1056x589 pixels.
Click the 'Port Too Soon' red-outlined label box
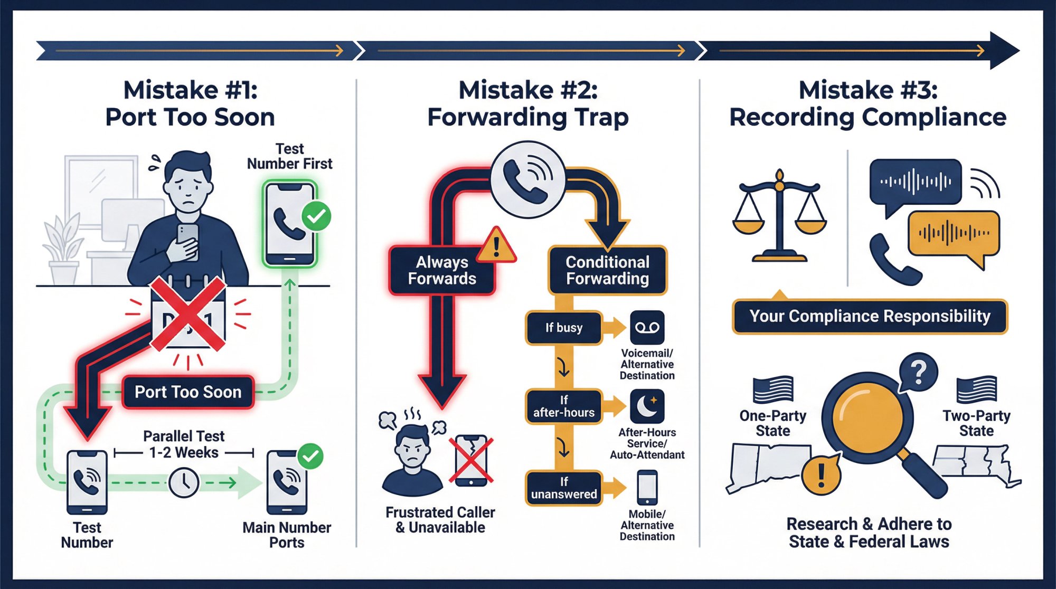pos(188,392)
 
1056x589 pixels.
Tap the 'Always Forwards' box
pos(442,270)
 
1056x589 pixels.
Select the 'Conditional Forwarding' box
pos(607,270)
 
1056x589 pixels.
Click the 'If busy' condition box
pos(564,328)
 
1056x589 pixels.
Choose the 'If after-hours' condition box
pos(564,406)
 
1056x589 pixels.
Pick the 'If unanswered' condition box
pos(564,488)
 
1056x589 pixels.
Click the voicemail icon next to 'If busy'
pos(647,328)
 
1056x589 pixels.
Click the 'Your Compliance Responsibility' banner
pos(870,317)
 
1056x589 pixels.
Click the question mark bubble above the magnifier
pos(919,372)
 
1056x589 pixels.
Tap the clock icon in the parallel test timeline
pos(184,482)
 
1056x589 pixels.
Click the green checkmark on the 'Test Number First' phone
pos(316,216)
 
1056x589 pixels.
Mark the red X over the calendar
pos(188,315)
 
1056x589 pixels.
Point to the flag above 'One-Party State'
pos(773,389)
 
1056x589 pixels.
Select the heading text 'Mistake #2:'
pos(528,90)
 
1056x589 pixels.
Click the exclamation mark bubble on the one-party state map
pos(821,474)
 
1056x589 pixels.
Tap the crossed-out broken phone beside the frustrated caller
pos(472,460)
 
